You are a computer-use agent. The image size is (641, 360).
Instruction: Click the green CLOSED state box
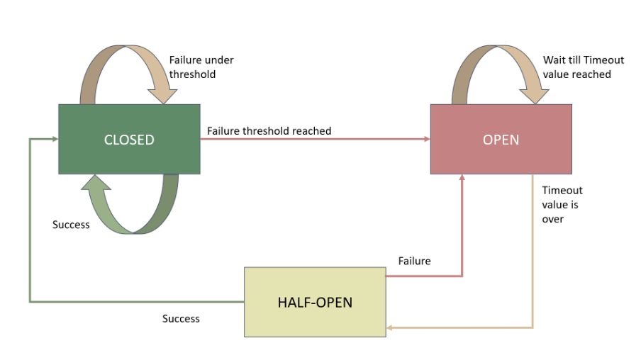pyautogui.click(x=128, y=157)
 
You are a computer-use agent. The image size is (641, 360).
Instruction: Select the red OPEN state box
pyautogui.click(x=501, y=157)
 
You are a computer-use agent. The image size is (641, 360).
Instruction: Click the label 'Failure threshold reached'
pyautogui.click(x=269, y=131)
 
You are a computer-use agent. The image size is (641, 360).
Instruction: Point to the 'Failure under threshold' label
pyautogui.click(x=201, y=67)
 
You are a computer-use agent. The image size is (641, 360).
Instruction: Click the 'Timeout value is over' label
pyautogui.click(x=562, y=205)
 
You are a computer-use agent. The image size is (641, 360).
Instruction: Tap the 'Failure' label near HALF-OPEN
pyautogui.click(x=414, y=261)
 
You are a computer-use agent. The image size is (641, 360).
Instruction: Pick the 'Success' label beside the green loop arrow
pyautogui.click(x=71, y=225)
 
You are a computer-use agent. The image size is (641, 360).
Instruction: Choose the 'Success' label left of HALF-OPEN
pyautogui.click(x=181, y=319)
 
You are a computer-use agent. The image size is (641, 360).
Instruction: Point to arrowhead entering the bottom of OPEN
pyautogui.click(x=462, y=178)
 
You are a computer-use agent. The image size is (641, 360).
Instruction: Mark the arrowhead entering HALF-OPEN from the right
pyautogui.click(x=390, y=328)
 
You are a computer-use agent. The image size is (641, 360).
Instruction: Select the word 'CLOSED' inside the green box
pyautogui.click(x=129, y=140)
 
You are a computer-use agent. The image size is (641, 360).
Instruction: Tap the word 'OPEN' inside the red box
pyautogui.click(x=501, y=140)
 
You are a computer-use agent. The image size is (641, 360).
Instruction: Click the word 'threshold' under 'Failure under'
pyautogui.click(x=193, y=74)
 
